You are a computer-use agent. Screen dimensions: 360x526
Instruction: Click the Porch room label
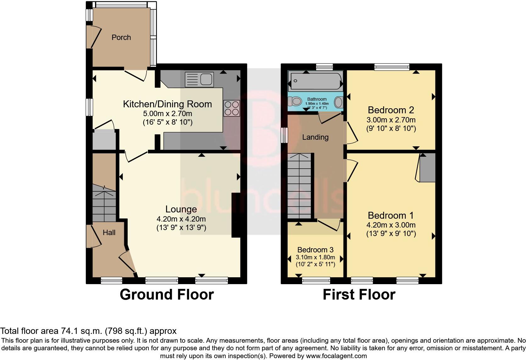point(121,37)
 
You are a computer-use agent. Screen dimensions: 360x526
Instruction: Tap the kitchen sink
point(199,79)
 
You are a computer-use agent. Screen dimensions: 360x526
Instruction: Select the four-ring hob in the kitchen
point(232,108)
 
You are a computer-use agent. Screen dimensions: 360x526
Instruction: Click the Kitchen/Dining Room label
point(167,104)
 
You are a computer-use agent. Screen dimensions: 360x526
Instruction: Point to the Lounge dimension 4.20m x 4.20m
point(181,219)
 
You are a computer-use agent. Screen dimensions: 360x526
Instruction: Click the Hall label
point(109,233)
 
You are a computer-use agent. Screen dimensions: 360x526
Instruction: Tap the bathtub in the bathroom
point(316,81)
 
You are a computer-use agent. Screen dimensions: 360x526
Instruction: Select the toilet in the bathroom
point(294,101)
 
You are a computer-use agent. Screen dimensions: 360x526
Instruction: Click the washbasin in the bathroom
point(339,102)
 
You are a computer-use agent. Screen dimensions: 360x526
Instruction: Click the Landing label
point(315,137)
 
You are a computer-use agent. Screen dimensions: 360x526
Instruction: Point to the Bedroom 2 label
point(391,110)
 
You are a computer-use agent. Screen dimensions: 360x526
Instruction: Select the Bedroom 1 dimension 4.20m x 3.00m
point(391,225)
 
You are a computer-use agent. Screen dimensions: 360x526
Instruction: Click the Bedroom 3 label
point(315,250)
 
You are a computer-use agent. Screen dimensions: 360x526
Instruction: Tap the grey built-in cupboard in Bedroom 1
point(428,168)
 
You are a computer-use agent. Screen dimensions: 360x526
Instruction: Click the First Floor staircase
point(299,186)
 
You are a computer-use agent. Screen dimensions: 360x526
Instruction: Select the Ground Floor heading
point(167,295)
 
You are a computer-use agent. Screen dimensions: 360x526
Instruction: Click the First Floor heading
point(359,295)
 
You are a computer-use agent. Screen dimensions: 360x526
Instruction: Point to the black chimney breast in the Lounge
point(236,215)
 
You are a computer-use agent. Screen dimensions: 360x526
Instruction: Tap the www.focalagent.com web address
point(336,356)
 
